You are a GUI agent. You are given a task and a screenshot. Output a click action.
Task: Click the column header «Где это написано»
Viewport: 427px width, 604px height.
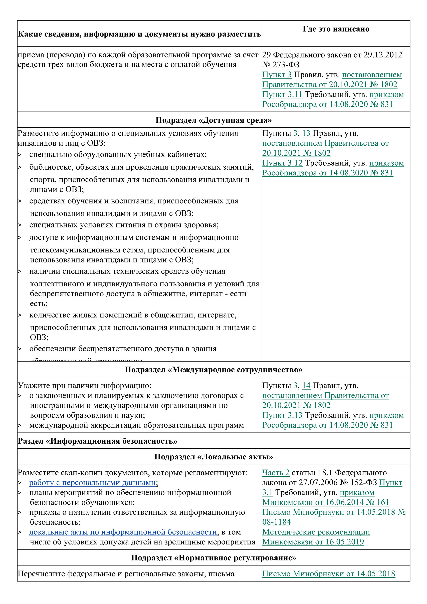[336, 29]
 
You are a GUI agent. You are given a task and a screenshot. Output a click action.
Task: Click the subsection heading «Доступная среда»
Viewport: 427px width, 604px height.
[213, 120]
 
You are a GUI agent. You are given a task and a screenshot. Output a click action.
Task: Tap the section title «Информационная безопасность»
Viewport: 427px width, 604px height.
[97, 441]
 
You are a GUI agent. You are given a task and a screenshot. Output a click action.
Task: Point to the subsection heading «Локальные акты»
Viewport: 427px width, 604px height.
[213, 457]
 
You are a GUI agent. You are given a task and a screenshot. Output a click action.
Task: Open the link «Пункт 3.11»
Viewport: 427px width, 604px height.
[282, 94]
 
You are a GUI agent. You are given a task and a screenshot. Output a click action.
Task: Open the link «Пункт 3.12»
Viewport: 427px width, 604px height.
[282, 163]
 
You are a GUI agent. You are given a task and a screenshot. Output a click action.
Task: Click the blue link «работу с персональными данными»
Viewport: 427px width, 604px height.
[93, 483]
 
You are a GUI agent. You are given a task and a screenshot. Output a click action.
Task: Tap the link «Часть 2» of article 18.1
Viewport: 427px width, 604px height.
[276, 473]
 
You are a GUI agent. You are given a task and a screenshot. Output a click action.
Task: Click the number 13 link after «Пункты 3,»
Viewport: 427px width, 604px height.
[306, 133]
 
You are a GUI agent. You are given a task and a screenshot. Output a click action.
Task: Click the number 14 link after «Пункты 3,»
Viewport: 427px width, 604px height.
[306, 386]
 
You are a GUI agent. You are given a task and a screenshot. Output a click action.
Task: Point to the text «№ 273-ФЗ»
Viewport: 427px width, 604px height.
[281, 65]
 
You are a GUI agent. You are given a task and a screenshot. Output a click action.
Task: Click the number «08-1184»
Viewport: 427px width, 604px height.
[277, 522]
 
